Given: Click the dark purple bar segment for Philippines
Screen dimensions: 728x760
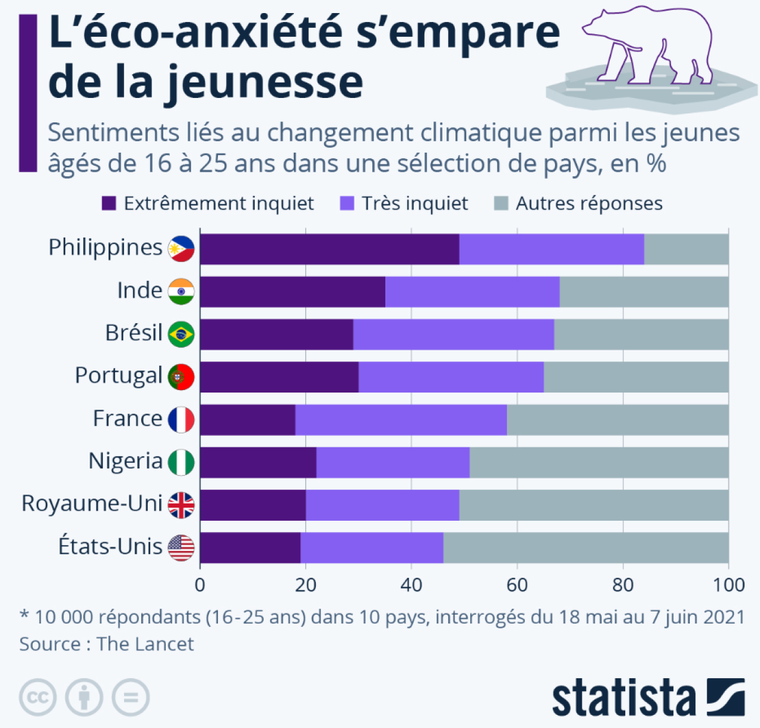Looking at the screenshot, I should pos(330,249).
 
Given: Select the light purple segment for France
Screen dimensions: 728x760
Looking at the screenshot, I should pos(401,420).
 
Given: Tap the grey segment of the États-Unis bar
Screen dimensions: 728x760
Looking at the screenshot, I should pos(585,547).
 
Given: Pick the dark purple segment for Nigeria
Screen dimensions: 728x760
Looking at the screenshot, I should pos(258,463).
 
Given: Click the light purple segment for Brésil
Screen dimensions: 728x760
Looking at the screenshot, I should pos(453,334).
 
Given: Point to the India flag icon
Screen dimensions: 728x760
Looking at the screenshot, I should pos(181,292).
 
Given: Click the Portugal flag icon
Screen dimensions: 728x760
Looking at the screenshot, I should pos(181,377).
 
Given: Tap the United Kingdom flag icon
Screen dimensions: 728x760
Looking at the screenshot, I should pos(181,505).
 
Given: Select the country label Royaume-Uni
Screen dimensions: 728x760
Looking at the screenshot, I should pos(92,504).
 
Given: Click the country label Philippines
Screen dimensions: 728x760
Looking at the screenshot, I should pos(105,248).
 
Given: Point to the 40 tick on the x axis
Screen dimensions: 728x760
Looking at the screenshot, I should pos(411,585).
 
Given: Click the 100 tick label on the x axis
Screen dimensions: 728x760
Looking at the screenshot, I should pos(729,585).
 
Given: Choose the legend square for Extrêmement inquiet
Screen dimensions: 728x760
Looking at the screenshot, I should pos(109,204).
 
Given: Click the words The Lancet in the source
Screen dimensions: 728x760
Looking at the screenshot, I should pos(145,644).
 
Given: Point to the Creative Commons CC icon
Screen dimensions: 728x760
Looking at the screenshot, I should pos(38,697).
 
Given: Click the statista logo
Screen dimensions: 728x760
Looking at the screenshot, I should pos(648,697).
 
